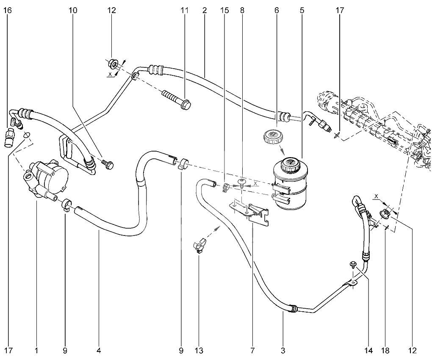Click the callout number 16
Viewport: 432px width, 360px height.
click(x=8, y=11)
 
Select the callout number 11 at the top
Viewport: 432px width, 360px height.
click(x=184, y=11)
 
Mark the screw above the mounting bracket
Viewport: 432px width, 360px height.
click(x=241, y=183)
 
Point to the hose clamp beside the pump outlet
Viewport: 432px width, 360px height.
click(x=66, y=205)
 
